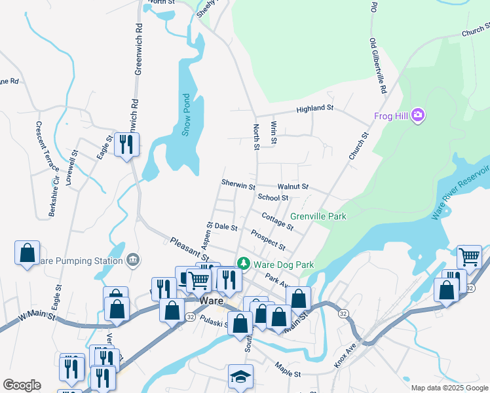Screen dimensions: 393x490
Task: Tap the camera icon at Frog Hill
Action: click(x=418, y=116)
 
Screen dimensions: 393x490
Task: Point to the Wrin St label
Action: click(x=274, y=133)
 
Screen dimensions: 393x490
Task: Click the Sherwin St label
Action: click(x=238, y=186)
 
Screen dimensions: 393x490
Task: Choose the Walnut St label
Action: click(x=292, y=187)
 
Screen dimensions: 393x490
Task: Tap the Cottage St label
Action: click(x=277, y=221)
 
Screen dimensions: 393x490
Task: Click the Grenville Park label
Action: click(x=318, y=215)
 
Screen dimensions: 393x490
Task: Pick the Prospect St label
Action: click(x=268, y=240)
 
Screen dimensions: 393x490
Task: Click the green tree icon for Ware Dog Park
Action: click(x=244, y=263)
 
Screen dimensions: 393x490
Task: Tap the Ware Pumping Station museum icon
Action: click(x=133, y=261)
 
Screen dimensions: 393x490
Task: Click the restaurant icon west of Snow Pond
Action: click(x=124, y=143)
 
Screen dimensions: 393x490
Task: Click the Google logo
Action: click(x=22, y=385)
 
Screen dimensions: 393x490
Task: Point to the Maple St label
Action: click(x=288, y=369)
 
